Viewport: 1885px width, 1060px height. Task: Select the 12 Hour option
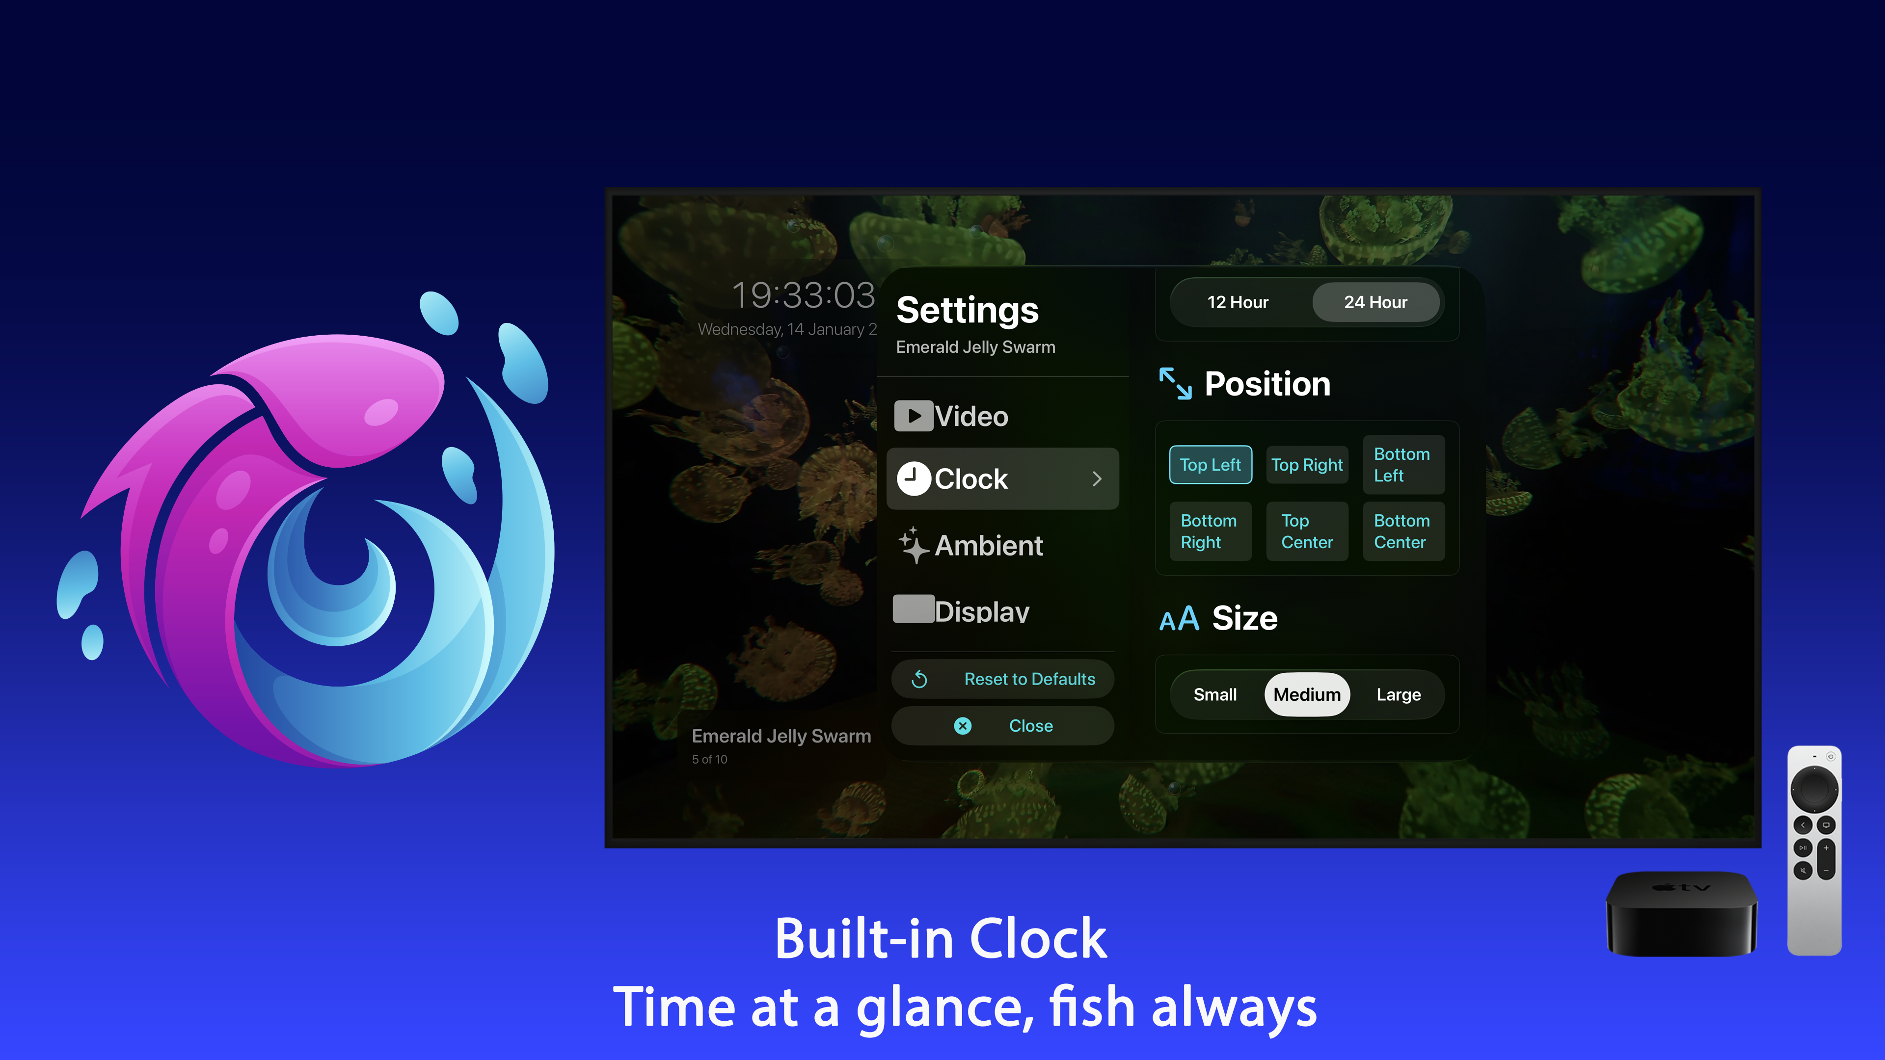point(1238,302)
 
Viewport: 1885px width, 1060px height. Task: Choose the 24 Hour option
point(1375,302)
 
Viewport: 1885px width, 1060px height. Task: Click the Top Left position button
point(1211,465)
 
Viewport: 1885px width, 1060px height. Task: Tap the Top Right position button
point(1307,465)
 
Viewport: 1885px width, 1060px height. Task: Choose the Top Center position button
point(1307,531)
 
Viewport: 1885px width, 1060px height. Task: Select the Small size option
point(1215,694)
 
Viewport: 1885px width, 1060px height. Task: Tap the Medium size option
point(1307,694)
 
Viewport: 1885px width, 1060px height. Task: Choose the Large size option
point(1399,694)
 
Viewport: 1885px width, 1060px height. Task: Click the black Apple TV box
point(1681,914)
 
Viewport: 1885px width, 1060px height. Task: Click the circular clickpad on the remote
point(1814,789)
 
